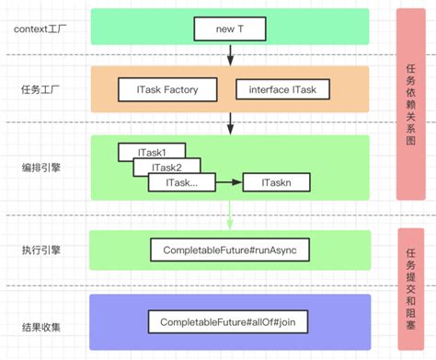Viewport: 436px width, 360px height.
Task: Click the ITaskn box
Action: (x=277, y=183)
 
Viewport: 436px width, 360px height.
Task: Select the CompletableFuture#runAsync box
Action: (x=230, y=250)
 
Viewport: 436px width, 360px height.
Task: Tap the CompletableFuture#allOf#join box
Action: (x=230, y=321)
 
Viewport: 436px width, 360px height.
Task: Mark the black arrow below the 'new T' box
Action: (x=230, y=54)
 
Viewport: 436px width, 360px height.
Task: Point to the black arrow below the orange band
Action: (x=230, y=122)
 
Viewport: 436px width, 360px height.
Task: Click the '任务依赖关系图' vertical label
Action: (x=411, y=103)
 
